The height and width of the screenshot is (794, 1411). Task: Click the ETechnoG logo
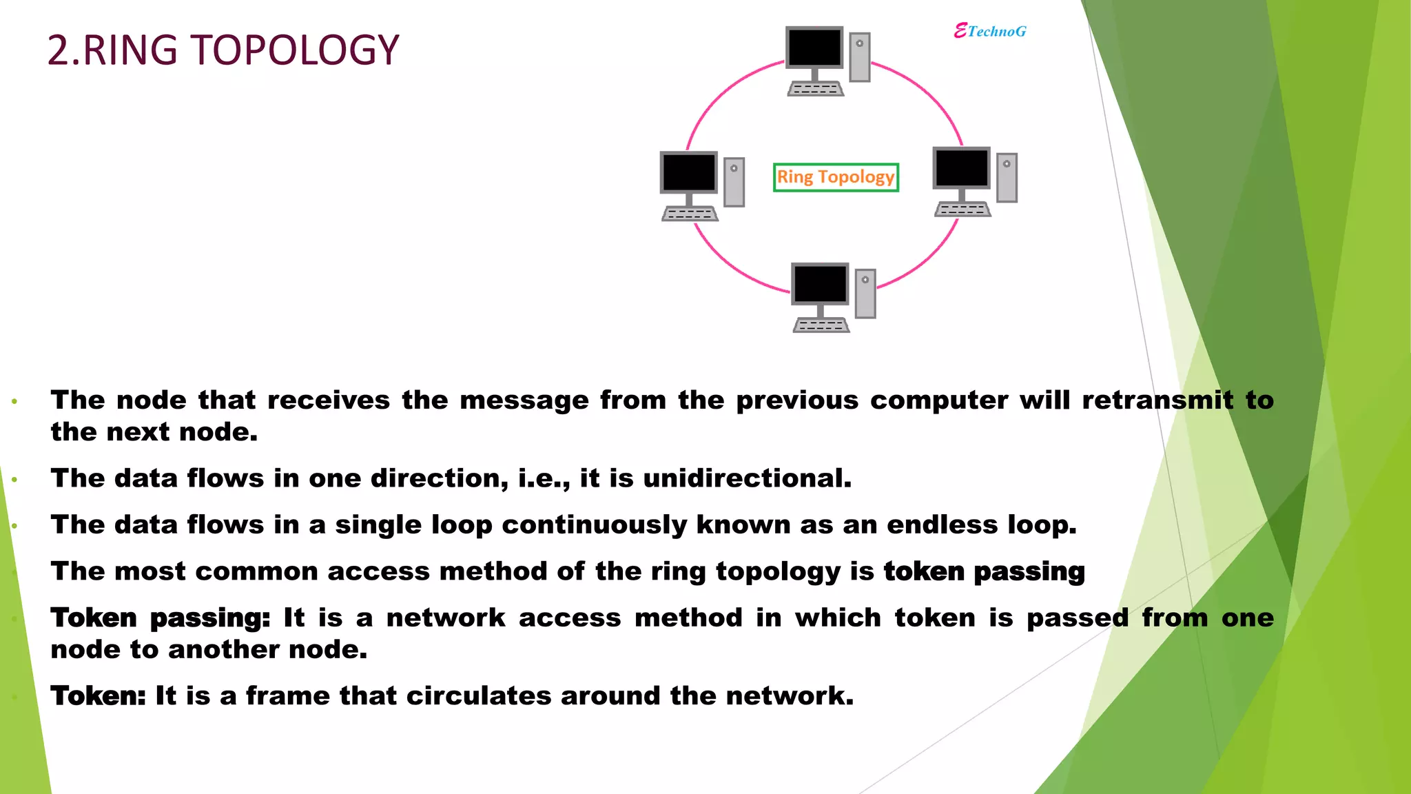point(990,31)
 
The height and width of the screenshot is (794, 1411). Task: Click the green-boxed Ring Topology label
point(836,177)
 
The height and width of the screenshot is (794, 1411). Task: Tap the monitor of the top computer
point(814,48)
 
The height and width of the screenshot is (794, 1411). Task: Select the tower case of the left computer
point(734,182)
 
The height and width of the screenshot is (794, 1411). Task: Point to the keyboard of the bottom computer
point(821,325)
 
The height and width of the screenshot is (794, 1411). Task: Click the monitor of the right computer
point(961,167)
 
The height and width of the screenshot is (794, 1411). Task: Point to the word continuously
point(594,525)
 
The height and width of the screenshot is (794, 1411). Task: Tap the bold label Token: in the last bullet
point(98,696)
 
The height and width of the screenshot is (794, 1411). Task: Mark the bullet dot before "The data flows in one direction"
point(14,479)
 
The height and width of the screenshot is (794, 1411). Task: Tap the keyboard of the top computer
point(815,90)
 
